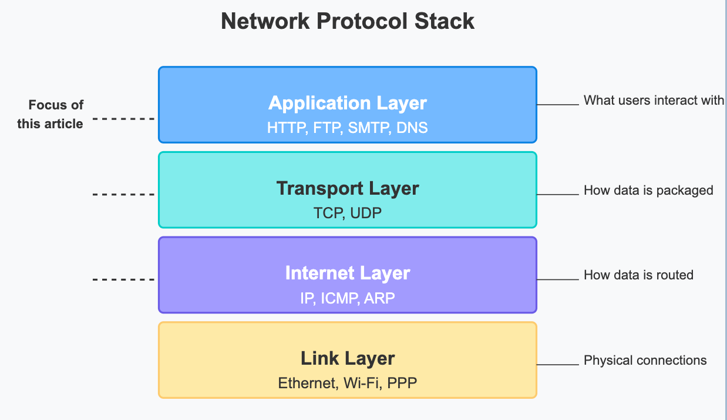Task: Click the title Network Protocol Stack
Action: pyautogui.click(x=348, y=22)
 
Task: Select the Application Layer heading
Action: pyautogui.click(x=348, y=103)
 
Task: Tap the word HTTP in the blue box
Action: pyautogui.click(x=285, y=127)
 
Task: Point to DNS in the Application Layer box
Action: pyautogui.click(x=412, y=127)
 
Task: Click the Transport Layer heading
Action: pyautogui.click(x=348, y=188)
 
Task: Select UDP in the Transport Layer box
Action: pyautogui.click(x=366, y=212)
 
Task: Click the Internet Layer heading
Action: pyautogui.click(x=348, y=273)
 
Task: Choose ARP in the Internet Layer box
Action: pyautogui.click(x=379, y=298)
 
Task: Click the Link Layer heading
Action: pyautogui.click(x=348, y=358)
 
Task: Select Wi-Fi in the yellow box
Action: pyautogui.click(x=362, y=383)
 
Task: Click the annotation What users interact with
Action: pyautogui.click(x=654, y=101)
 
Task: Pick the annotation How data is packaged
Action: pyautogui.click(x=648, y=191)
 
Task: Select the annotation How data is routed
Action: pyautogui.click(x=638, y=275)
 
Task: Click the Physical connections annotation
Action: pyautogui.click(x=645, y=361)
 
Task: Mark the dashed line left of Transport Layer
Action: pyautogui.click(x=123, y=195)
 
